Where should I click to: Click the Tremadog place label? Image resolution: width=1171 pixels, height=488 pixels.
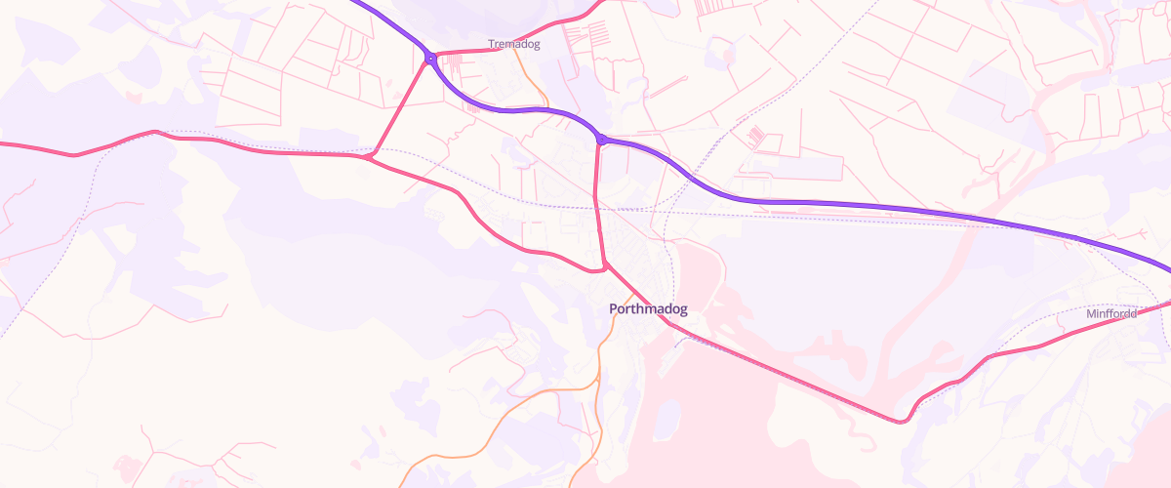513,45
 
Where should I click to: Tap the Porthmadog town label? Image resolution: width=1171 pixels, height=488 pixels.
648,309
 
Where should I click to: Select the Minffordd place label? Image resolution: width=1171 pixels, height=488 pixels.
1111,314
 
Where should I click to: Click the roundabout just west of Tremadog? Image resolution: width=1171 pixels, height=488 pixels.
429,60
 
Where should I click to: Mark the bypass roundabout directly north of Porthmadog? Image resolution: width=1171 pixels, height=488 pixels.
601,141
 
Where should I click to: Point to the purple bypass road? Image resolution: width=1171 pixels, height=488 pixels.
878,205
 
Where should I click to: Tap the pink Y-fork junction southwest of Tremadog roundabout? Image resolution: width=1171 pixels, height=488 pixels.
372,154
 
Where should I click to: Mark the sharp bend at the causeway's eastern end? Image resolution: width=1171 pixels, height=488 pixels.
905,421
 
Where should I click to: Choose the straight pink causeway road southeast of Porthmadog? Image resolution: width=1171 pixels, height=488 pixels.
790,376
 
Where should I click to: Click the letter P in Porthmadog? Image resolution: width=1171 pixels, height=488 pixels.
613,309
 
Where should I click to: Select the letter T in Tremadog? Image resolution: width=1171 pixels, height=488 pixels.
491,45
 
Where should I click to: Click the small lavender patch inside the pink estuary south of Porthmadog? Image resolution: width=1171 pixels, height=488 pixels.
667,420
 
